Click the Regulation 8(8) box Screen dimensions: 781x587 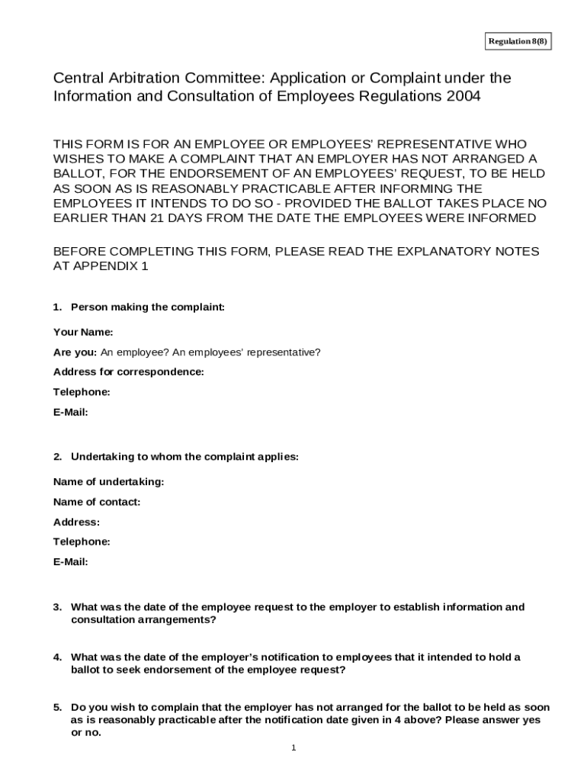coord(518,41)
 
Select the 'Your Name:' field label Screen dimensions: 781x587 coord(83,333)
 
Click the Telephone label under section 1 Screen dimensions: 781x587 coord(82,392)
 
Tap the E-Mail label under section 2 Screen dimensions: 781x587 coord(71,562)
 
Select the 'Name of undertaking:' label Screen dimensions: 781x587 coord(108,482)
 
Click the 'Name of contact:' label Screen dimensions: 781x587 coord(97,502)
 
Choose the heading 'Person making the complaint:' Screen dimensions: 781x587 coord(148,307)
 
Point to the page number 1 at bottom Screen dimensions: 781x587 coord(293,747)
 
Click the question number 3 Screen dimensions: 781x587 coord(57,607)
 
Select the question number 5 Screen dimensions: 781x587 coord(57,707)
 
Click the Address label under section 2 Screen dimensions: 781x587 coord(76,522)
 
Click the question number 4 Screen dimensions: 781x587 coord(57,657)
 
